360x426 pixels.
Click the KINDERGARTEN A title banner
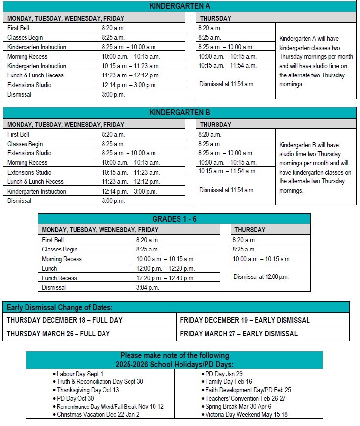coord(180,6)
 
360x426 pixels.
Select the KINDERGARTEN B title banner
coord(180,113)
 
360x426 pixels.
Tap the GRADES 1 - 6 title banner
coord(174,219)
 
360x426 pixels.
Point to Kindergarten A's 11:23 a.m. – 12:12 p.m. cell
coord(131,75)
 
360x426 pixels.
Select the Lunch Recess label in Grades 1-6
coord(59,278)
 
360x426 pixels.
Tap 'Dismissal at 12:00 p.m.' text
coord(261,277)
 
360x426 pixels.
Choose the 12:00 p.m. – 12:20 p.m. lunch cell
coord(165,269)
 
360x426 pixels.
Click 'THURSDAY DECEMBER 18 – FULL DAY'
coord(65,320)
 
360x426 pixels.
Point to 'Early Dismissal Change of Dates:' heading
coord(59,307)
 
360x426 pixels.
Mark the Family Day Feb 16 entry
coord(229,382)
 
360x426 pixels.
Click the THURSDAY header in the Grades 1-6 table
coord(250,230)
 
